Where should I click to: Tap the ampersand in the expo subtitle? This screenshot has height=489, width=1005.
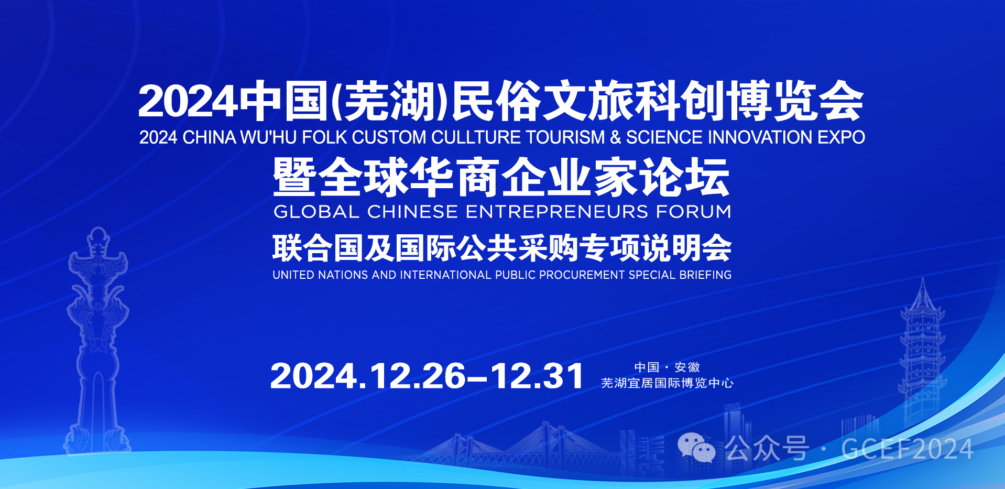(x=615, y=137)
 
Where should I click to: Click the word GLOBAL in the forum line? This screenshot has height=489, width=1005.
(x=316, y=212)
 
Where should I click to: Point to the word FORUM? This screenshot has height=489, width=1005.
(x=694, y=212)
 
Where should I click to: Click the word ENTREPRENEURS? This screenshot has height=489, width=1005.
(x=557, y=212)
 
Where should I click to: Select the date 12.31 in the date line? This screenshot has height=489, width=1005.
(x=537, y=376)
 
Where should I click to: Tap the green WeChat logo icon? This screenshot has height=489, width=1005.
(x=696, y=448)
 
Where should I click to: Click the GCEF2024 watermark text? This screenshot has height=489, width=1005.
(x=907, y=449)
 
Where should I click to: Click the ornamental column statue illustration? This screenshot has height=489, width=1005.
(x=98, y=341)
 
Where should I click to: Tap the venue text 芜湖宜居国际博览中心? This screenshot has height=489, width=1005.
(x=667, y=383)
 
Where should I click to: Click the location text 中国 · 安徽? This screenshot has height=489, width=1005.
(x=667, y=367)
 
